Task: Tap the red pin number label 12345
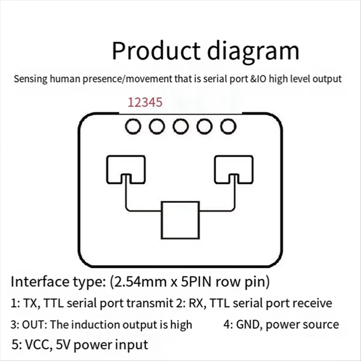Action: (x=145, y=102)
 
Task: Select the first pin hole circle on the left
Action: (x=133, y=127)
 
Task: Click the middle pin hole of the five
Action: (x=181, y=127)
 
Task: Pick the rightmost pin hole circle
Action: (x=228, y=127)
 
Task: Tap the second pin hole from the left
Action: (x=157, y=127)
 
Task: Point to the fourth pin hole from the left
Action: (x=205, y=127)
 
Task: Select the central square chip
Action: (x=180, y=220)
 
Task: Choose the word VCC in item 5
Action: (x=37, y=345)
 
